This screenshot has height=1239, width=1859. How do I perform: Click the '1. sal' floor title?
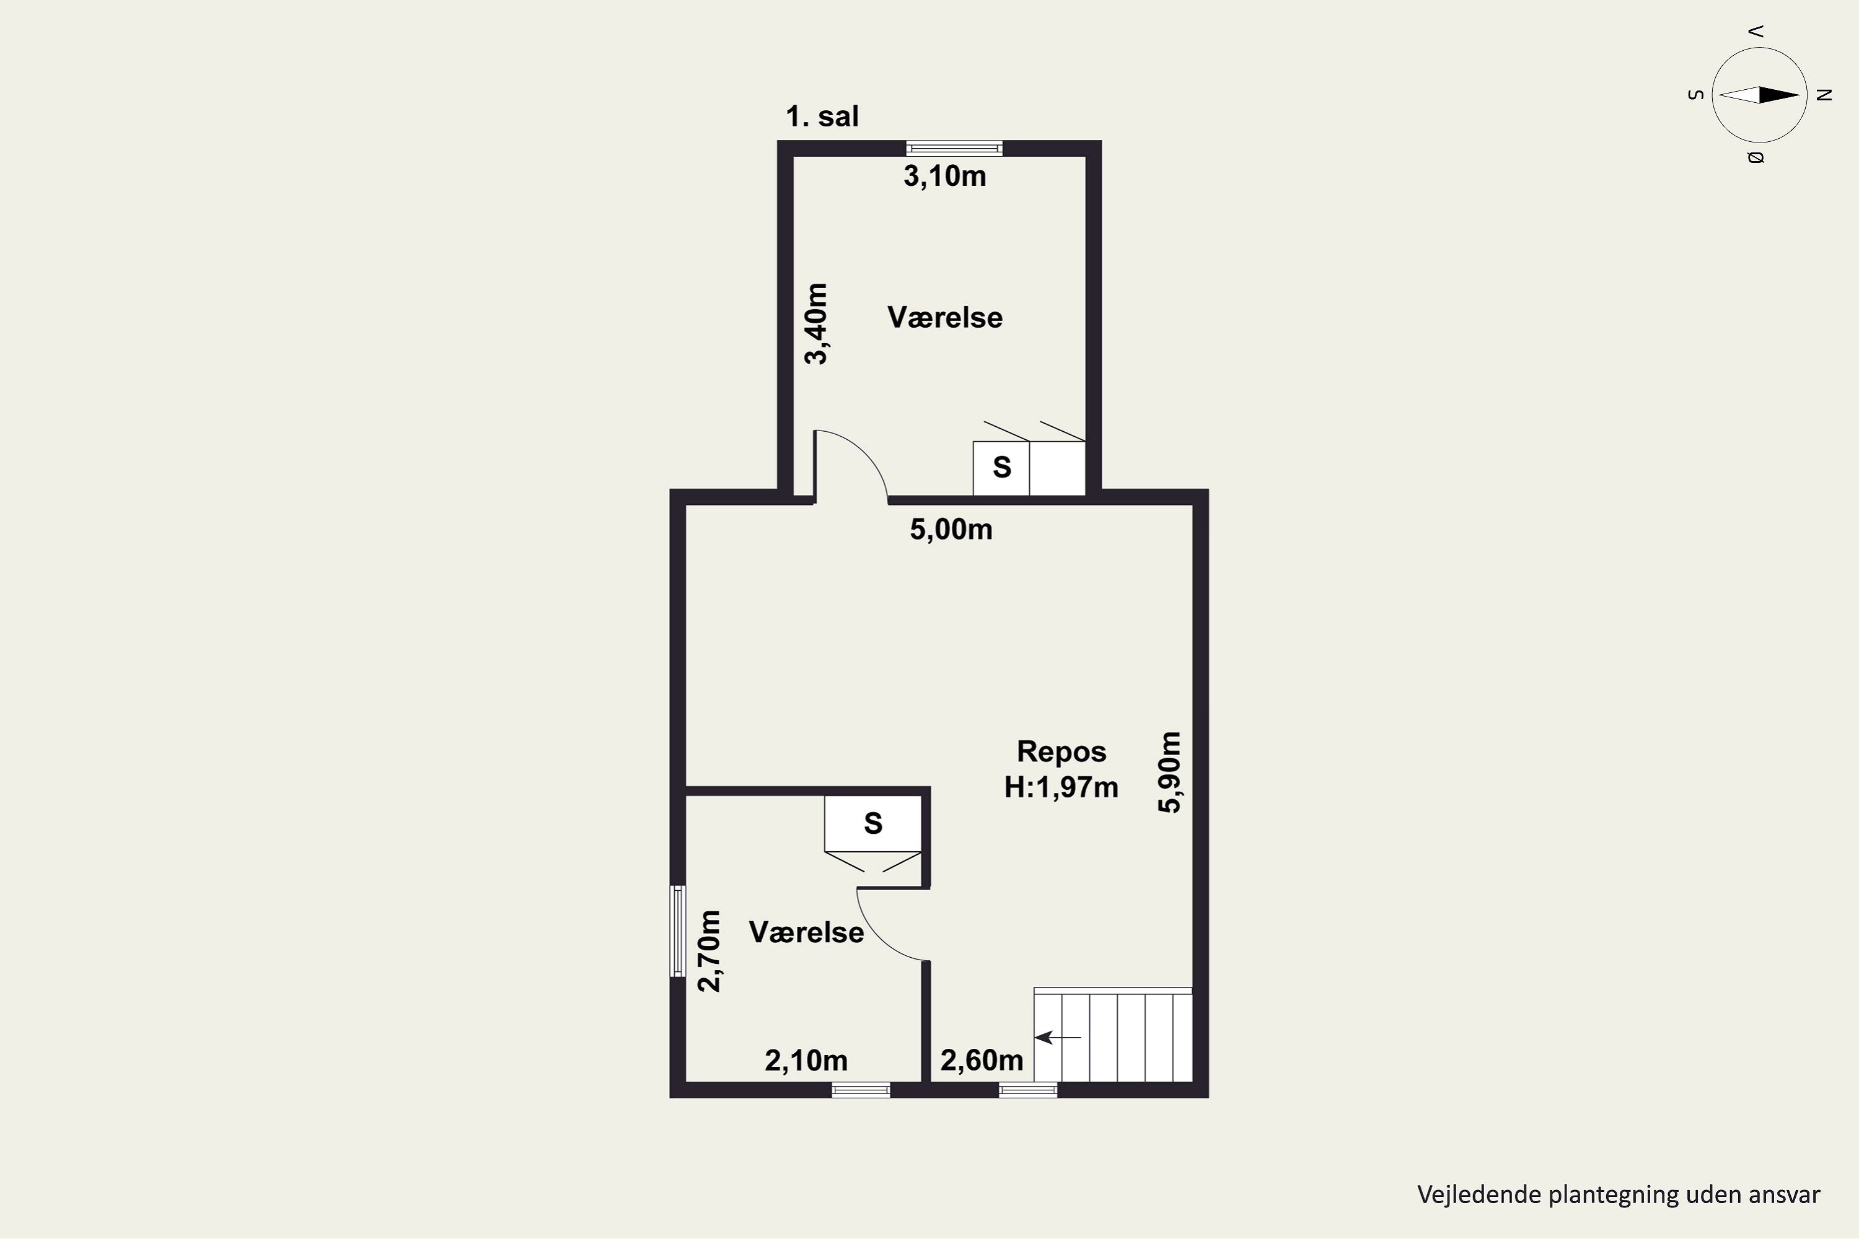pos(822,117)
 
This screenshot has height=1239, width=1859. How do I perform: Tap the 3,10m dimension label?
pos(946,176)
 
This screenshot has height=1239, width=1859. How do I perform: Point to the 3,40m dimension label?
pos(817,324)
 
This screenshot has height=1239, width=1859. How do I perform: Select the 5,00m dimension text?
pos(951,530)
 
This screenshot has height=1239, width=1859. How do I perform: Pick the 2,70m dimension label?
pos(709,950)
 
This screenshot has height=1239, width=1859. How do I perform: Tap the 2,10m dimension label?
pos(806,1061)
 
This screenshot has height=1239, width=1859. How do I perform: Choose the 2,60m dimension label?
pos(982,1061)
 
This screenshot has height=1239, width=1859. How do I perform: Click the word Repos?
pos(1061,752)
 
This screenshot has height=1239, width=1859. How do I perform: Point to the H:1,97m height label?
pos(1061,788)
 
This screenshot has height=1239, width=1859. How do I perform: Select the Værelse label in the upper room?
pos(946,318)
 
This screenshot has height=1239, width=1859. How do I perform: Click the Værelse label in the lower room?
pos(806,932)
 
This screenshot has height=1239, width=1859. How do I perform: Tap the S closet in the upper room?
pos(1001,468)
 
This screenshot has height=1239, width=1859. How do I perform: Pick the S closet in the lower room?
pos(873,823)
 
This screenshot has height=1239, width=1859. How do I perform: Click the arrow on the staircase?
pos(1058,1036)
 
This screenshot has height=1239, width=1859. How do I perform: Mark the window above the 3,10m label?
pos(954,148)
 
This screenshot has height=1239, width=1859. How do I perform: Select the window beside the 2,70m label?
pos(677,930)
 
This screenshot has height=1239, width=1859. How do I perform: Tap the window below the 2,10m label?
pos(861,1090)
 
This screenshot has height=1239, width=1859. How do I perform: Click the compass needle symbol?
pos(1759,95)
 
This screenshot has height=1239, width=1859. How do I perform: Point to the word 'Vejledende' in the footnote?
pos(1478,1194)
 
